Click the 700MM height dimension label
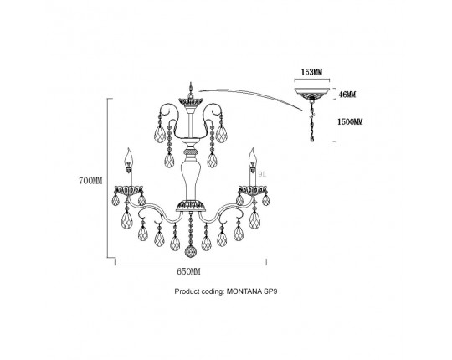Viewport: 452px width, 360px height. coord(90,181)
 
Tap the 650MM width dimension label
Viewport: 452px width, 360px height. coord(188,271)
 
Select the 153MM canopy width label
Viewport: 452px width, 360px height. coord(311,72)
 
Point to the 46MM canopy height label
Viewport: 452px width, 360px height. coord(347,95)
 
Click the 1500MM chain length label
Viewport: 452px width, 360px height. coord(350,121)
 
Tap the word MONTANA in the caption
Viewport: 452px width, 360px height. coord(244,291)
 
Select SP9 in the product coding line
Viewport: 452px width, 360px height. coord(270,291)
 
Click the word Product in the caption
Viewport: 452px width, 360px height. coord(187,291)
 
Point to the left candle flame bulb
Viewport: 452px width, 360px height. coord(129,157)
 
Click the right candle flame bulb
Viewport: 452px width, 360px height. coord(253,157)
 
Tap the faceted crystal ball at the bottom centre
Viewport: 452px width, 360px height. coord(191,251)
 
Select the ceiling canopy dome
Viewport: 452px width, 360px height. coord(311,93)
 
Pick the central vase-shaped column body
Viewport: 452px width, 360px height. coord(191,178)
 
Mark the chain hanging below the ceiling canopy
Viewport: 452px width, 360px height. coord(312,121)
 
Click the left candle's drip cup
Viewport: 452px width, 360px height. coord(129,190)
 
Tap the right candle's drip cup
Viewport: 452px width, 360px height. coord(253,190)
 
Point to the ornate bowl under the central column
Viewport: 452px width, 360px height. coord(191,205)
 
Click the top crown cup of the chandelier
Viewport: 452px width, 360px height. coord(191,102)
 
